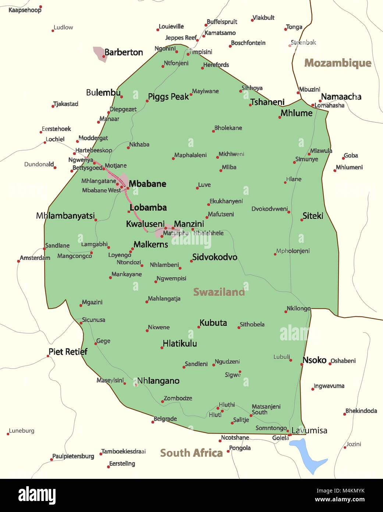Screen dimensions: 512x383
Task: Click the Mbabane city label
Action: (x=148, y=184)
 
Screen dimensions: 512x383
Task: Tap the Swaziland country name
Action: (x=219, y=292)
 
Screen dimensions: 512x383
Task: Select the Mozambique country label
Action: (x=338, y=63)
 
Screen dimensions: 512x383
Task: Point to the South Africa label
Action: (x=191, y=453)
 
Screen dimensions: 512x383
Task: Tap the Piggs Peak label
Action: (x=168, y=97)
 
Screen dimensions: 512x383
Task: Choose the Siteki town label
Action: (x=313, y=216)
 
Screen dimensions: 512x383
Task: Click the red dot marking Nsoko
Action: (x=302, y=364)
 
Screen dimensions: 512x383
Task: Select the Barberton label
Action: (x=124, y=52)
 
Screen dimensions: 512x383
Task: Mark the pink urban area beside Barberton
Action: (x=99, y=53)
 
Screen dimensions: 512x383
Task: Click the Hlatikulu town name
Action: (x=180, y=344)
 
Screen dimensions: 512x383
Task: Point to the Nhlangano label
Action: (x=158, y=381)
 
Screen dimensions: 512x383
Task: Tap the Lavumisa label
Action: (x=309, y=431)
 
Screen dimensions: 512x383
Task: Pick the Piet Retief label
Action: (x=68, y=352)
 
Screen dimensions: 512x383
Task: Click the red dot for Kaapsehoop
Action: (x=40, y=7)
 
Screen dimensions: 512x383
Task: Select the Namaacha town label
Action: (x=341, y=97)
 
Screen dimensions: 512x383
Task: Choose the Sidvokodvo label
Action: (x=214, y=257)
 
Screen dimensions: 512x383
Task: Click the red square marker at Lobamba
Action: (x=129, y=211)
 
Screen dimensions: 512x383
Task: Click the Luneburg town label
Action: (x=22, y=431)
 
